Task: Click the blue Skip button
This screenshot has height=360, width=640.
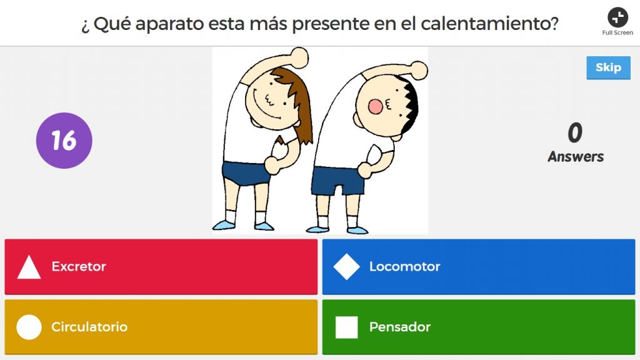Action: pyautogui.click(x=608, y=67)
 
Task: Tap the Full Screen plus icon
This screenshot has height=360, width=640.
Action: pyautogui.click(x=617, y=17)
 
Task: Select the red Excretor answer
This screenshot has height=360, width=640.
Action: pyautogui.click(x=161, y=267)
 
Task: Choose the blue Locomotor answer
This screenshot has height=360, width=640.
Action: pyautogui.click(x=478, y=267)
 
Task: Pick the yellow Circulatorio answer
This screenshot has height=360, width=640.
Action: pyautogui.click(x=161, y=327)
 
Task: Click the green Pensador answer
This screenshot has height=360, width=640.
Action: pyautogui.click(x=478, y=327)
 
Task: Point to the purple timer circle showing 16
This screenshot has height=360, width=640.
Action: pyautogui.click(x=64, y=141)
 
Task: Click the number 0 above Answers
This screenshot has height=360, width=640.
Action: pyautogui.click(x=575, y=132)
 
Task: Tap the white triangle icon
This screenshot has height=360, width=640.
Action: pyautogui.click(x=29, y=267)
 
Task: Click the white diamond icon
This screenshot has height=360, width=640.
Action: pyautogui.click(x=346, y=267)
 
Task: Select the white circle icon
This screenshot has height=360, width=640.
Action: pyautogui.click(x=29, y=327)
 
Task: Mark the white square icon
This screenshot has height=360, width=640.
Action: pyautogui.click(x=346, y=327)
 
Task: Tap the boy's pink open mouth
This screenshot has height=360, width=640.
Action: pyautogui.click(x=375, y=106)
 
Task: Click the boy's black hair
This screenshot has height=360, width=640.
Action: pyautogui.click(x=410, y=100)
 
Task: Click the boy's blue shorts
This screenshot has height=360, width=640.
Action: pyautogui.click(x=337, y=180)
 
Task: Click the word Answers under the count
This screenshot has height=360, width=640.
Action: pyautogui.click(x=576, y=157)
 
